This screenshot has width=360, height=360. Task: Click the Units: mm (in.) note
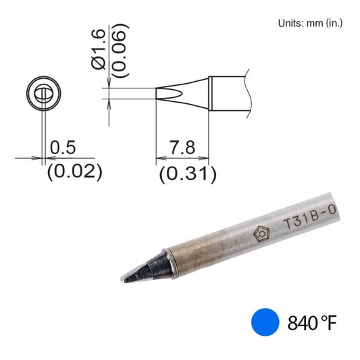310,24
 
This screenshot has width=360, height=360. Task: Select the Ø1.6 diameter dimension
99,49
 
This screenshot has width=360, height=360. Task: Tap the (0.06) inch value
120,51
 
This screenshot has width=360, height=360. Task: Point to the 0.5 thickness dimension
63,148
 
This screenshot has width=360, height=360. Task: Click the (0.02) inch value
74,172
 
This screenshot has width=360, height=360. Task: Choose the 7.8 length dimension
182,147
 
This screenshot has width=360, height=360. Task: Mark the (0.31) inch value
188,174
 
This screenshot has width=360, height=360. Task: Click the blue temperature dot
265,322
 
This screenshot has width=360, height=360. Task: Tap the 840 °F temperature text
312,323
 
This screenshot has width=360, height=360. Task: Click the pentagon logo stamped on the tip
261,234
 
